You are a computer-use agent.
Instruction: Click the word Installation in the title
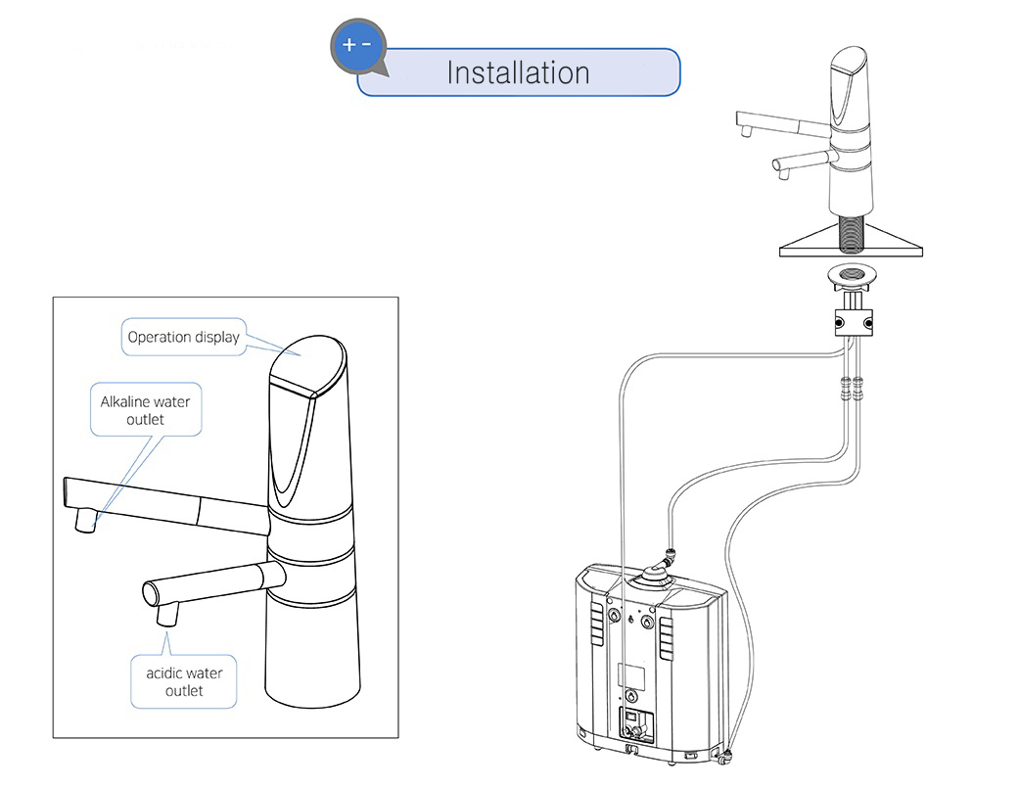pos(518,72)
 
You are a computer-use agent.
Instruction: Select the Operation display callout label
pos(183,337)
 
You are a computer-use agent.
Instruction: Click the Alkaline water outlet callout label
pos(146,410)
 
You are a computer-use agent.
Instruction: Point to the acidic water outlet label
pos(184,681)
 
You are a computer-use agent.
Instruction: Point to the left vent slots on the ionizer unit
pos(596,626)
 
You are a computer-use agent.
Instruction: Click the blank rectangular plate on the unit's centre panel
pos(631,674)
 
